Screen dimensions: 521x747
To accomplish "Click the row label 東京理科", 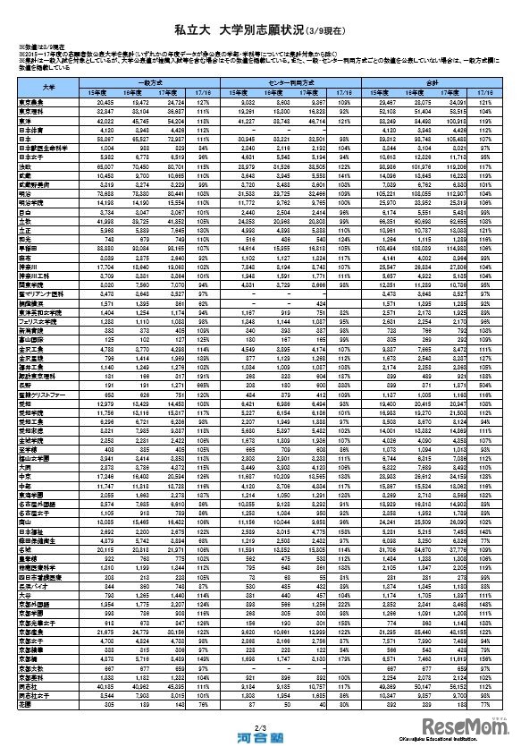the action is (34, 107).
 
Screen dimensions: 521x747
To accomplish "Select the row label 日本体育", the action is (34, 132).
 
